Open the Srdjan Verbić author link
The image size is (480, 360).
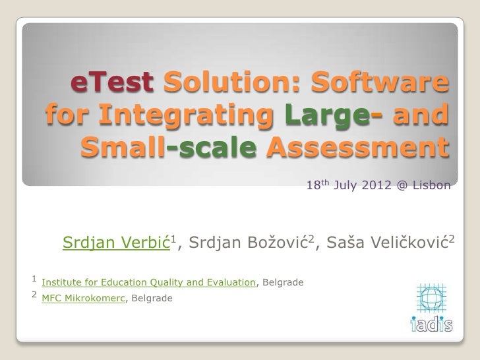[116, 245]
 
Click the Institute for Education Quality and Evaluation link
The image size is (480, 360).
[148, 283]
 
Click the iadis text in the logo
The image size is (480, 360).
[431, 322]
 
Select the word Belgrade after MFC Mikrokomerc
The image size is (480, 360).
[153, 299]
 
